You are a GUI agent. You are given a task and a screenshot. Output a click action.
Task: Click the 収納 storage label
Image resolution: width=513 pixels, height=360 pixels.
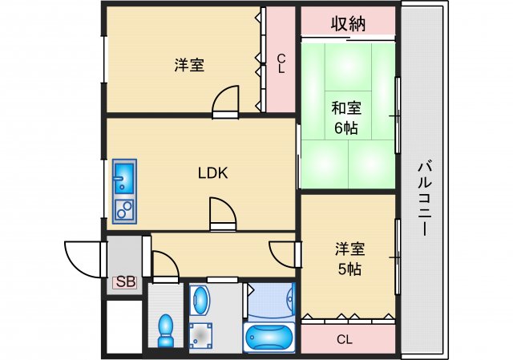click(349, 23)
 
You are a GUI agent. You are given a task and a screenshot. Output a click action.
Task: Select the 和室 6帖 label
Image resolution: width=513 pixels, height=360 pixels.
click(347, 119)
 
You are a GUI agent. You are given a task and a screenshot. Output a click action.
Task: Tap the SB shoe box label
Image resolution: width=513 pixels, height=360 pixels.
click(125, 281)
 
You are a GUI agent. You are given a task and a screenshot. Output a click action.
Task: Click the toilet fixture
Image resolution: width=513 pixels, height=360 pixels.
click(166, 330)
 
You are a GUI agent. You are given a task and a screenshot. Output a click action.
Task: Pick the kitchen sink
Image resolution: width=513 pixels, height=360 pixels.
click(124, 175)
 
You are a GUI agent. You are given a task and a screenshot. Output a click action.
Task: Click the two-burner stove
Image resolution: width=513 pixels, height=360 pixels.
click(124, 209)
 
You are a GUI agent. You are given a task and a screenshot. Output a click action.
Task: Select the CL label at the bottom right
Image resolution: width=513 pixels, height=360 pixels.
click(345, 339)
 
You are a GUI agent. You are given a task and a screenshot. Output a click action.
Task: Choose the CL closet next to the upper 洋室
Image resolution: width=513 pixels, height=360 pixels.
click(281, 63)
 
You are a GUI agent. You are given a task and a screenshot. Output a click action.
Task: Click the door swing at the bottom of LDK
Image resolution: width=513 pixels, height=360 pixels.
click(222, 215)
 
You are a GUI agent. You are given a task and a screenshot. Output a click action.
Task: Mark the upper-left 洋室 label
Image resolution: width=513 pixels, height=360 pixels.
click(189, 66)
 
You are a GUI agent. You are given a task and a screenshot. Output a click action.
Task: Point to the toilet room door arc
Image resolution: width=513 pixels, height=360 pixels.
click(164, 265)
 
